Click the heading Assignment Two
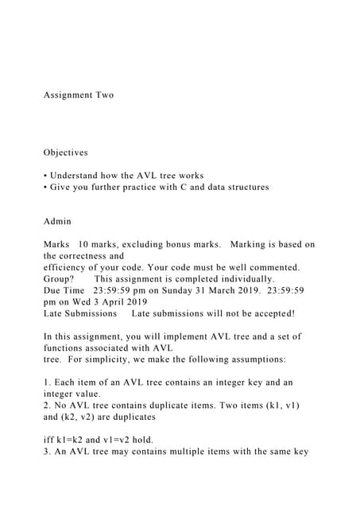(x=79, y=95)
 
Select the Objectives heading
(x=66, y=152)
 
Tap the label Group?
(x=59, y=280)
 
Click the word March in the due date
(x=214, y=291)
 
